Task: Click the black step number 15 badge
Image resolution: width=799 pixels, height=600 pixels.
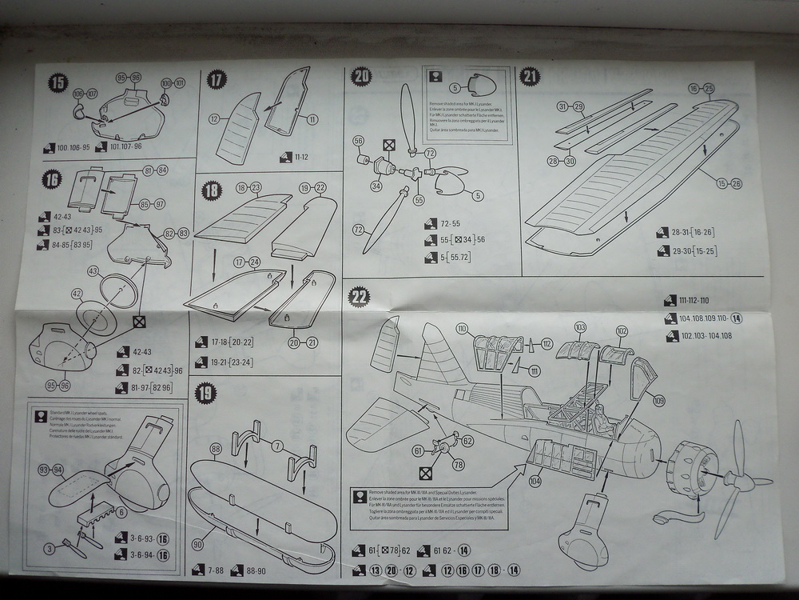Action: [58, 82]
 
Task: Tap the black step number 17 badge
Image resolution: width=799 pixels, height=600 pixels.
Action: [217, 79]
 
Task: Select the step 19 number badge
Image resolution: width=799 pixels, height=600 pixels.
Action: [206, 393]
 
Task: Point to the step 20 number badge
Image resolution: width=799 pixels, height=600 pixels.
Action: [361, 77]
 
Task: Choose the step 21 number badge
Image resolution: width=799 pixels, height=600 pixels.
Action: [530, 76]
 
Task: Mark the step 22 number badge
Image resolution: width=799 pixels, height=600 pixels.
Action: [360, 297]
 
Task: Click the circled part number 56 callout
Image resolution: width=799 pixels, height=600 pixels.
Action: [358, 140]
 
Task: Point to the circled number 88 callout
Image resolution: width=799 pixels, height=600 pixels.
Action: [215, 449]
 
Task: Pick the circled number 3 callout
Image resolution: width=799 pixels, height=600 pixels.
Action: [50, 548]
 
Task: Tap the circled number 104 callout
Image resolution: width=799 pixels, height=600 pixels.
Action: [535, 481]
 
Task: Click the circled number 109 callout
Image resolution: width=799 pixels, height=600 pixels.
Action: [658, 400]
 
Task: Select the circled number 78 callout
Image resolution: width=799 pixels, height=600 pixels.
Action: [458, 465]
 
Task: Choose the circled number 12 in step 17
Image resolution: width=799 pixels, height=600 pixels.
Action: [214, 119]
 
